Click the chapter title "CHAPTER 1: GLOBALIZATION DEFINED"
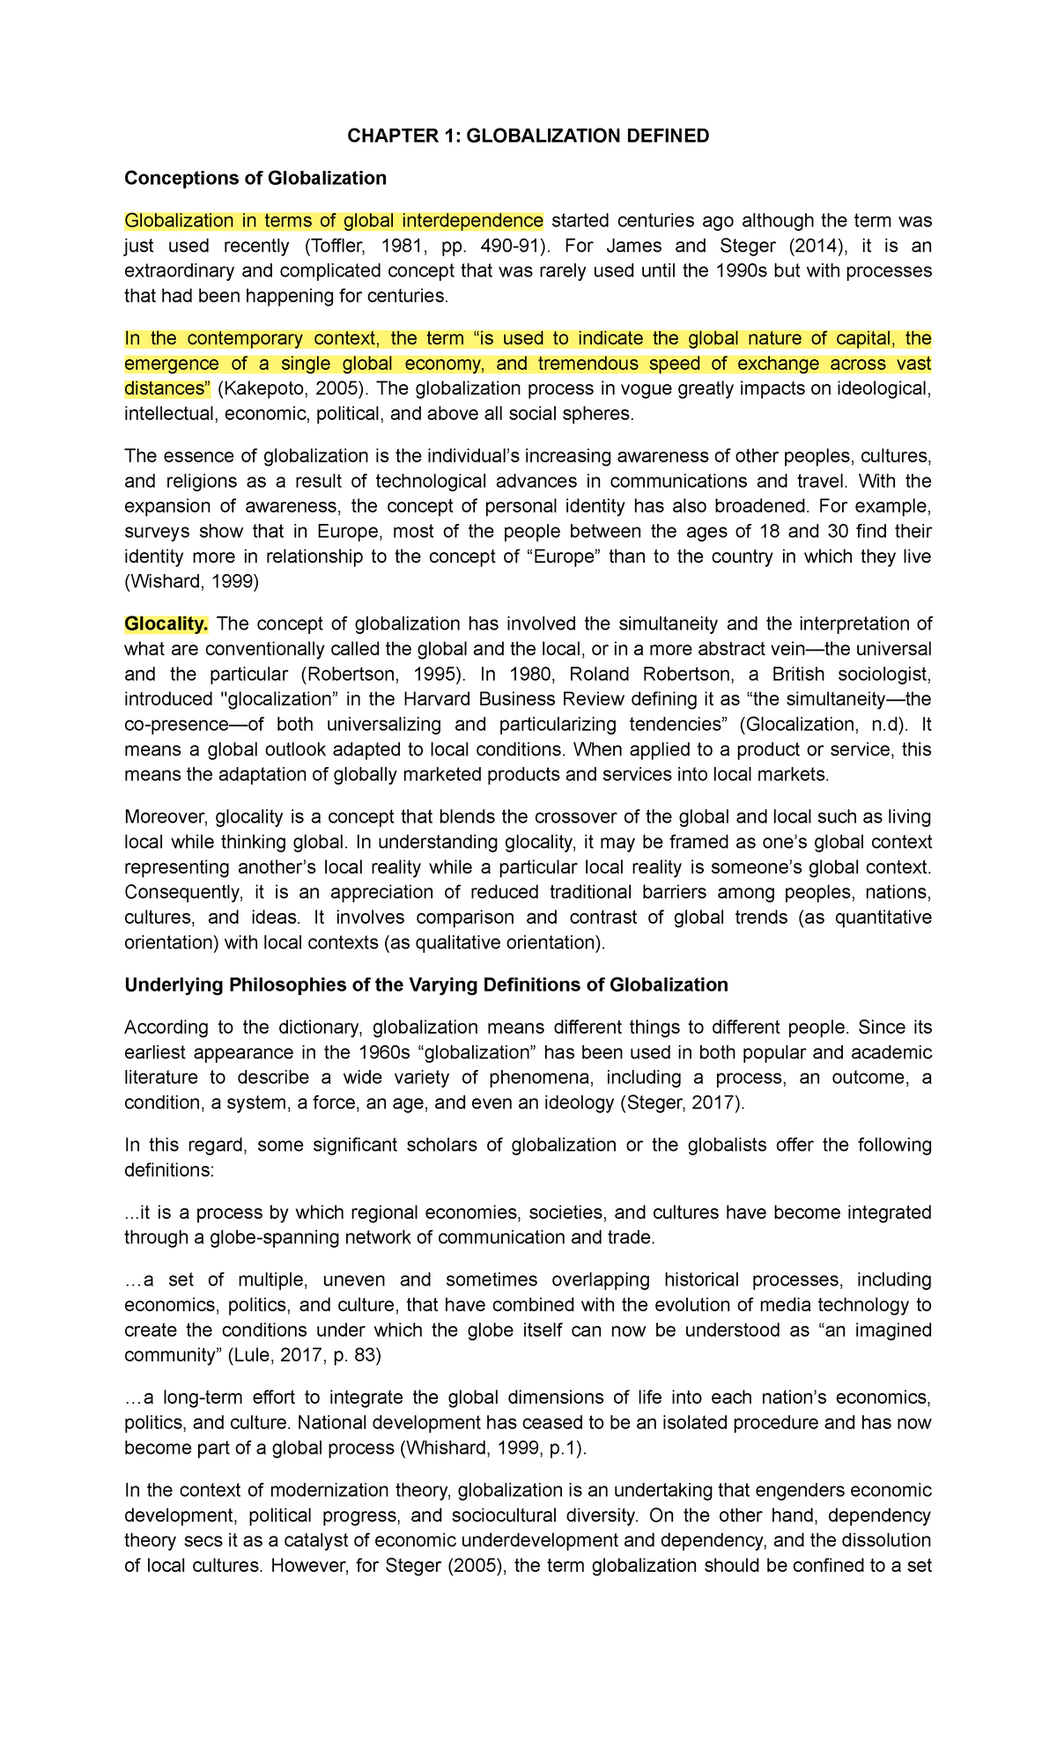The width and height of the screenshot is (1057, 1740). pos(528,136)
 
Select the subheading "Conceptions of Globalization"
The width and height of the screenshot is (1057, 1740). pos(255,178)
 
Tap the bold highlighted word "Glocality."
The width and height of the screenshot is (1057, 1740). pos(166,624)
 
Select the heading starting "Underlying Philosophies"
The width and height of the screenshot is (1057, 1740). pos(426,984)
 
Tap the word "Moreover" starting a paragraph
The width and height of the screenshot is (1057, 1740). pos(166,817)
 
